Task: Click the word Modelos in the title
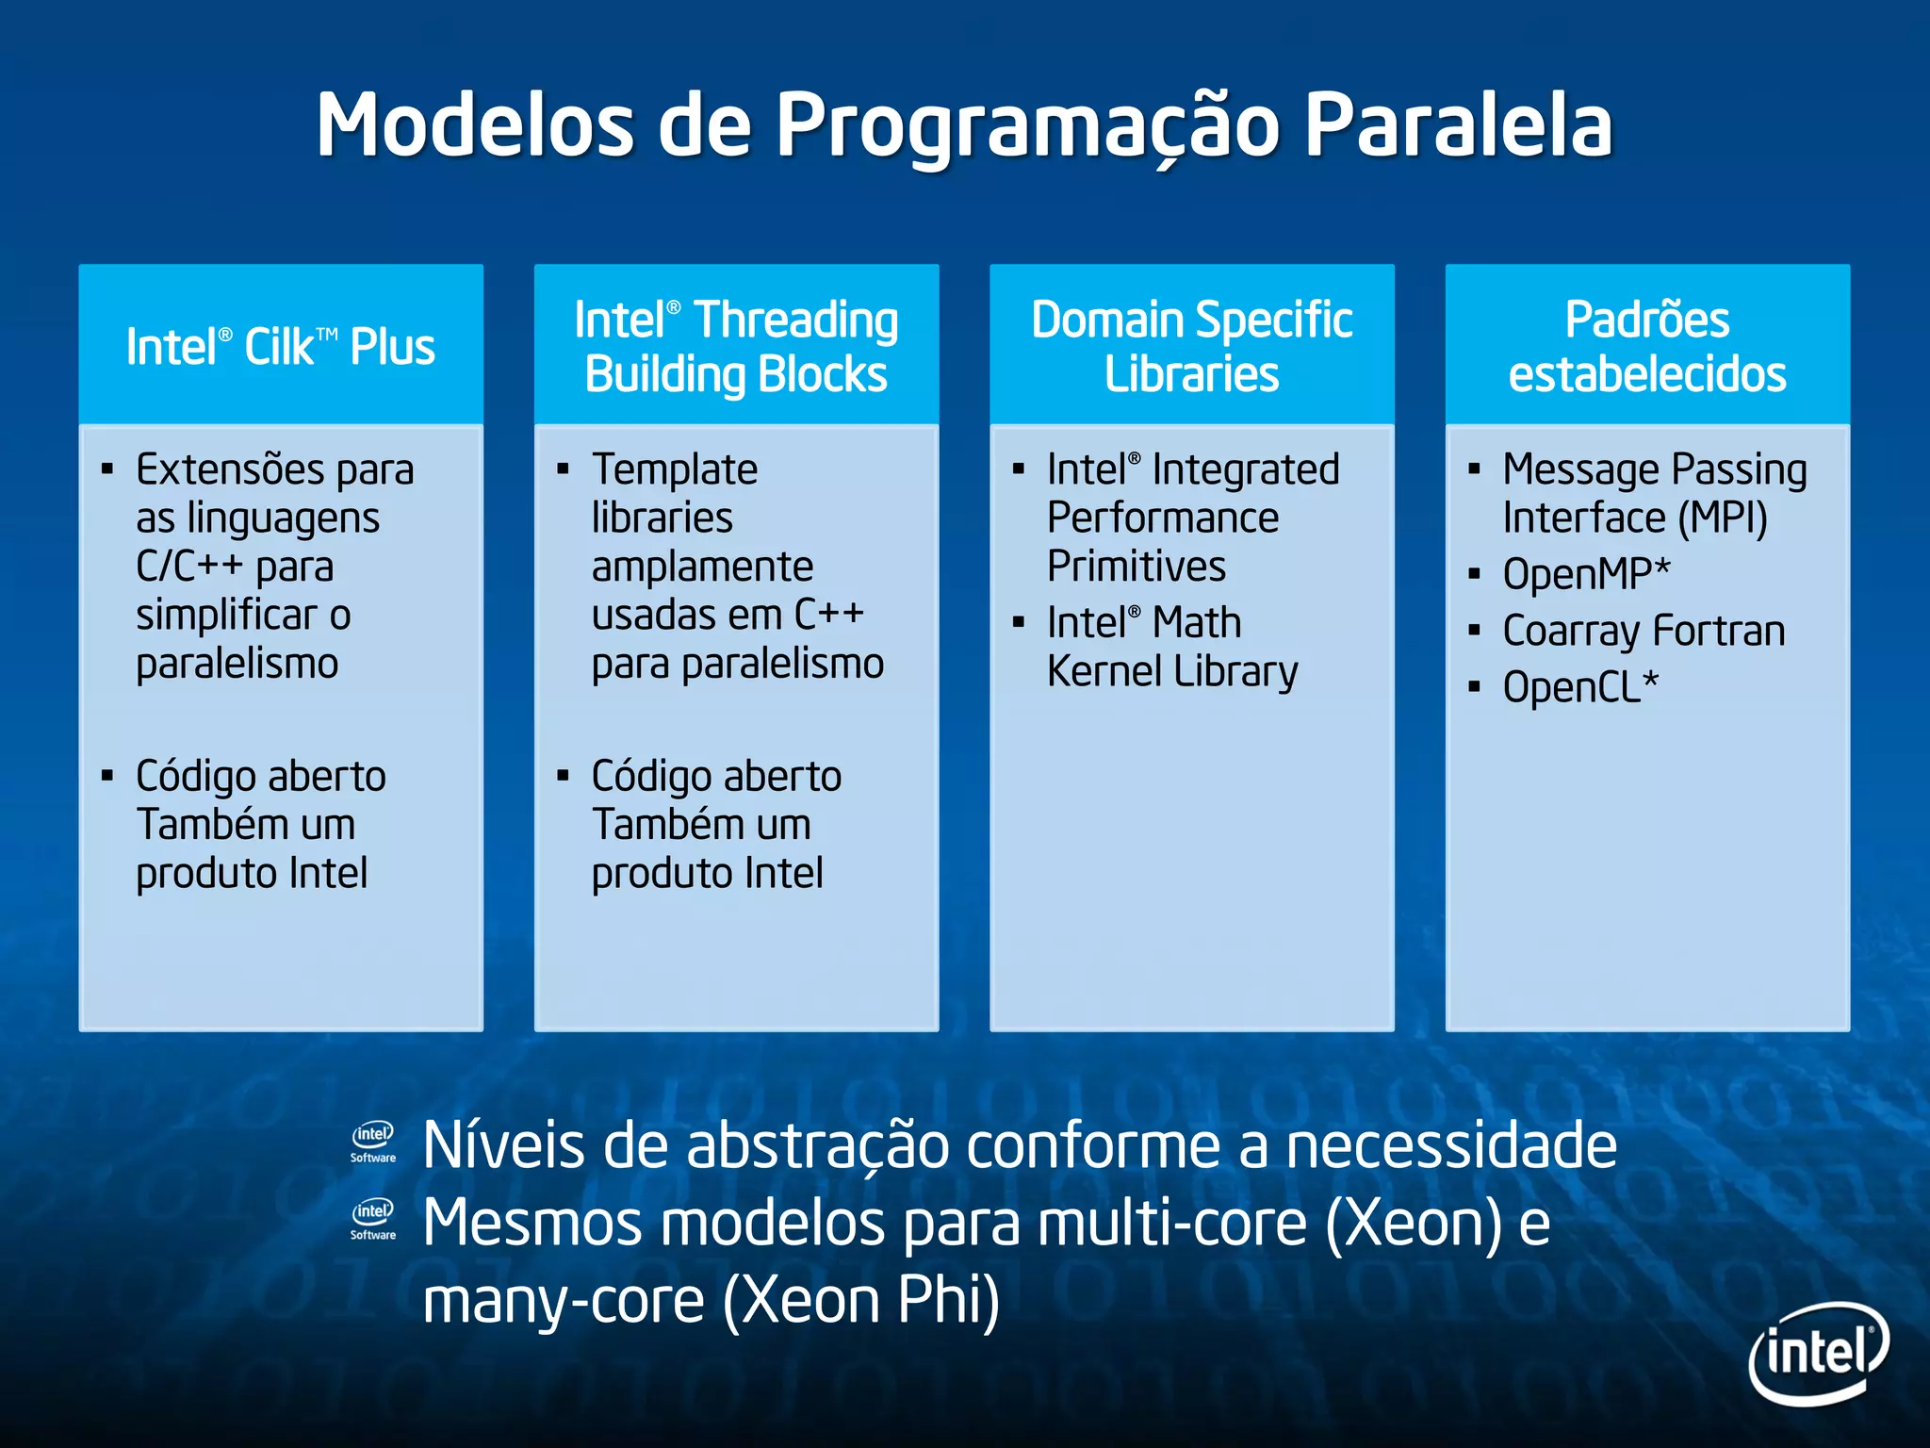point(475,125)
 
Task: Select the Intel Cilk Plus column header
point(281,346)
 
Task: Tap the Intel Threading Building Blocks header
point(736,346)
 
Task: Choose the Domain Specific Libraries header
point(1191,346)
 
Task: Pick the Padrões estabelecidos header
point(1647,346)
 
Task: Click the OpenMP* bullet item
point(1586,573)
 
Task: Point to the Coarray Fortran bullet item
point(1644,631)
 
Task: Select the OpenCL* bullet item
point(1580,687)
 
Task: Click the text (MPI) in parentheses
point(1722,518)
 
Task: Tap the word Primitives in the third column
point(1137,567)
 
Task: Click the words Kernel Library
point(1172,671)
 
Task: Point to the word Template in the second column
point(675,469)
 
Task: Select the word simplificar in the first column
point(226,616)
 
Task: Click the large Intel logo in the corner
point(1818,1353)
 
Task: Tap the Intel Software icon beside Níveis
point(373,1142)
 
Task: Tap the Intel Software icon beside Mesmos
point(373,1219)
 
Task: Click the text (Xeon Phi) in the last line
point(861,1301)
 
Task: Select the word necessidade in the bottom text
point(1451,1146)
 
